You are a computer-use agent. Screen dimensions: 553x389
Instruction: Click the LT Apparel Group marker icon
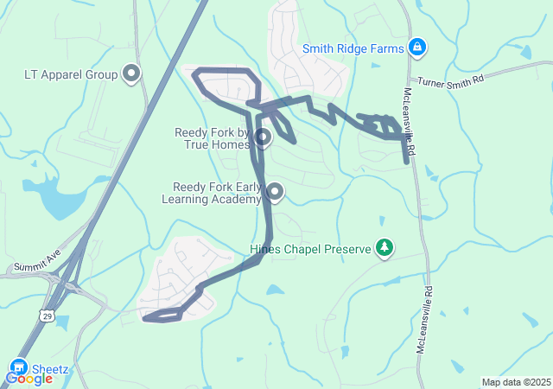coord(132,74)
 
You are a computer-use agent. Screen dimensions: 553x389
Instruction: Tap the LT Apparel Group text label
coord(71,74)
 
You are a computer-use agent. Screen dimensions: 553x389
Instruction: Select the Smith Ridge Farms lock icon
coord(417,48)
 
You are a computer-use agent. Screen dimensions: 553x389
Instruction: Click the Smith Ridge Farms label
coord(353,48)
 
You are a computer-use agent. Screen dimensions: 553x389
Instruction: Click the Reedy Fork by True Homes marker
coord(264,137)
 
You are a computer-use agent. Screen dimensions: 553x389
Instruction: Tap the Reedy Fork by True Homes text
coord(213,138)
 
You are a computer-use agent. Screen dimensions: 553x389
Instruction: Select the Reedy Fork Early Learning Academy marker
coord(275,191)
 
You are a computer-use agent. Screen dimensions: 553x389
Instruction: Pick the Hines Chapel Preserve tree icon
coord(385,249)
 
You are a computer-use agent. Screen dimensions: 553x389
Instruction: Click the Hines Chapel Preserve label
coord(309,250)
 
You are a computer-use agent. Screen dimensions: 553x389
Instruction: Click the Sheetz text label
coord(50,369)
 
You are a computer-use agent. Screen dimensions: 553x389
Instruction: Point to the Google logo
coord(29,379)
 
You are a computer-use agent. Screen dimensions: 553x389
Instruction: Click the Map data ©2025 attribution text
coord(515,382)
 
